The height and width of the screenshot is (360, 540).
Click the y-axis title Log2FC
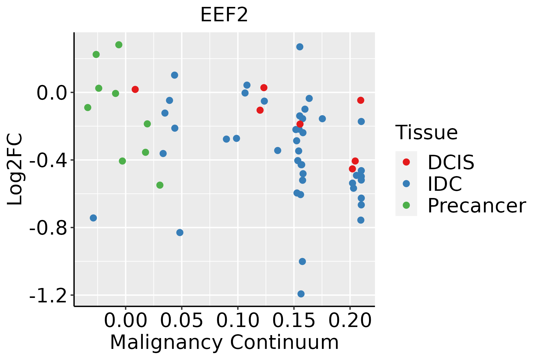pyautogui.click(x=15, y=169)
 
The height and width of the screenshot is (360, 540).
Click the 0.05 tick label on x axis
pyautogui.click(x=181, y=321)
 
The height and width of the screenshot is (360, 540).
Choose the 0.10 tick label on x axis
pyautogui.click(x=238, y=321)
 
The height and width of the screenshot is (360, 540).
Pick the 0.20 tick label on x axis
pyautogui.click(x=350, y=321)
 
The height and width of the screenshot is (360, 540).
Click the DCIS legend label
pyautogui.click(x=451, y=162)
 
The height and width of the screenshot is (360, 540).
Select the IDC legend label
pyautogui.click(x=445, y=184)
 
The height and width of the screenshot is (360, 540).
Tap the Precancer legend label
pyautogui.click(x=476, y=205)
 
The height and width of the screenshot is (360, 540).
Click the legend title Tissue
pyautogui.click(x=426, y=132)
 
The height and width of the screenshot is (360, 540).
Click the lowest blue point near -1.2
pyautogui.click(x=301, y=294)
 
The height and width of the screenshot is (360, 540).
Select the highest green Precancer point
pyautogui.click(x=119, y=45)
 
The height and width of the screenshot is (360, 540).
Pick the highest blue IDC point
pyautogui.click(x=300, y=47)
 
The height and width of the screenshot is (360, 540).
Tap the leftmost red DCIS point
pyautogui.click(x=135, y=89)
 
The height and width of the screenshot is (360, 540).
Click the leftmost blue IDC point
pyautogui.click(x=93, y=218)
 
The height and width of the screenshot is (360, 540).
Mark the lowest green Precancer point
pyautogui.click(x=160, y=185)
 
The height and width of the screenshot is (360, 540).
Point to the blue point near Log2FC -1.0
pyautogui.click(x=302, y=262)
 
